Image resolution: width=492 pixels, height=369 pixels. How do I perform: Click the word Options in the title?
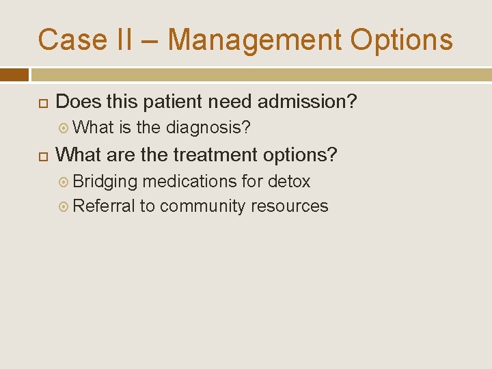(401, 40)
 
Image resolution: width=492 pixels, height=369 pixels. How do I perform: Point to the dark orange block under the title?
(14, 74)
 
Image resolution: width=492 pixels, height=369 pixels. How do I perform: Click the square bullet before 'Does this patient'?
(42, 102)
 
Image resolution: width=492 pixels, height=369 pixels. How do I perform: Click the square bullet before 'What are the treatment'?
(42, 156)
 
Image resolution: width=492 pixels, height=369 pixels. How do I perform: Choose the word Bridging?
(105, 181)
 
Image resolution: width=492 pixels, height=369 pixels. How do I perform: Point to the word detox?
(288, 181)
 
